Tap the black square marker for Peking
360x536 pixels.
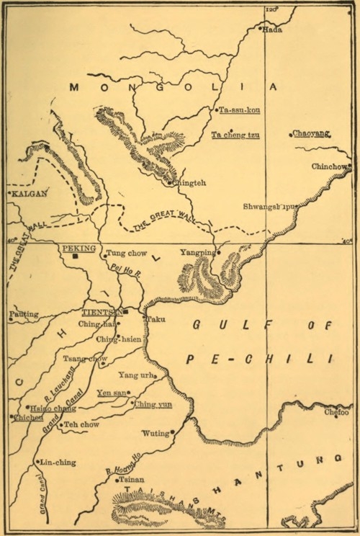coord(84,256)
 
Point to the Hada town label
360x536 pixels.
coord(274,30)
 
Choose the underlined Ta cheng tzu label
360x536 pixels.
coord(235,135)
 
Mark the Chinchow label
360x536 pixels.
coord(330,166)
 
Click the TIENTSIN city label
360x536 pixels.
coord(102,313)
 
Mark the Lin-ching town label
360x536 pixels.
coord(55,462)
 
